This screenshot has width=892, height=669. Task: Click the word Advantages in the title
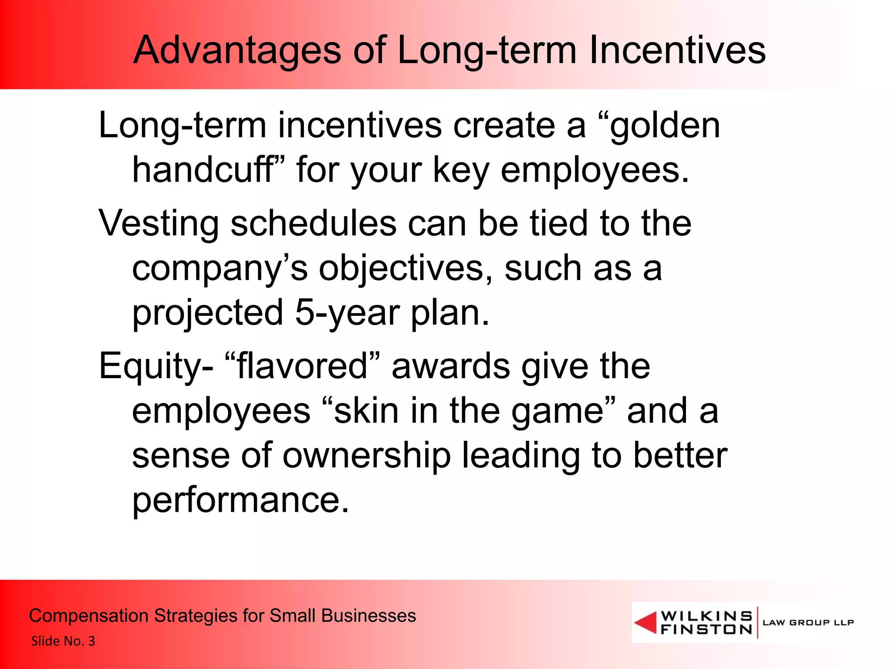click(237, 51)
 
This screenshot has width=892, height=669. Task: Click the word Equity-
click(156, 367)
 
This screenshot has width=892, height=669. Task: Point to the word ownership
click(366, 456)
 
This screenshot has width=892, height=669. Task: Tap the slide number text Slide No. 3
click(63, 641)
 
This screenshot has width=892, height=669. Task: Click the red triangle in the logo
click(646, 623)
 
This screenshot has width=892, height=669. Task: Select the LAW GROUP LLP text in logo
click(808, 622)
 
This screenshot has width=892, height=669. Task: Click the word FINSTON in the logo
click(706, 629)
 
